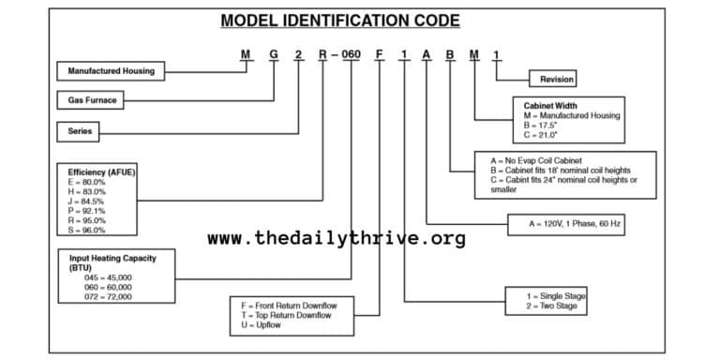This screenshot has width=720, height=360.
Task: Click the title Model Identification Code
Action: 339,20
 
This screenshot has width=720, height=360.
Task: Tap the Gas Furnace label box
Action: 93,99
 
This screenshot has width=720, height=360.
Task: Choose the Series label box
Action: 82,131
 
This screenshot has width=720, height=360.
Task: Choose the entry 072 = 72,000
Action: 108,296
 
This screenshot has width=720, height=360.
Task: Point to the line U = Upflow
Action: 262,326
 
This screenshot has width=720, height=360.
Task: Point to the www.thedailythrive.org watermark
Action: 336,238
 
